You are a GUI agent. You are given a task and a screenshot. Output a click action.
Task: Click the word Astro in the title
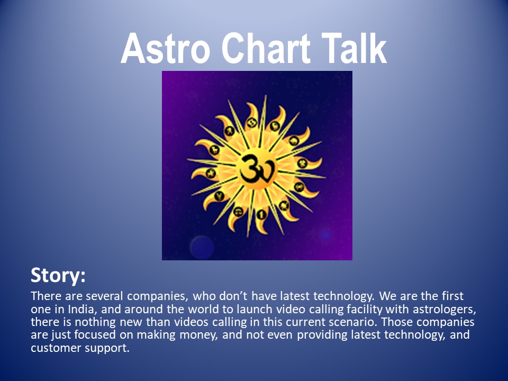click(166, 48)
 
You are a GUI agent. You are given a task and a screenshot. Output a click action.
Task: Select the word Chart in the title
click(266, 48)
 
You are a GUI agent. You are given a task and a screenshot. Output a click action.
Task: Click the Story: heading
click(58, 275)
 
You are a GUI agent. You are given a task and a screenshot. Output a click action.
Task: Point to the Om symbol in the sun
click(258, 168)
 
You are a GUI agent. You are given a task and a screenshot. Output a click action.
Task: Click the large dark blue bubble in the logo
click(202, 248)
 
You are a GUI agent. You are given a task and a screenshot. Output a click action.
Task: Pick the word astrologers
click(444, 310)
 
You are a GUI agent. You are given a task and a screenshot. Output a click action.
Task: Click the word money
click(198, 335)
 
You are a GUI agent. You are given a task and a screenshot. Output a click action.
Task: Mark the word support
click(107, 349)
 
